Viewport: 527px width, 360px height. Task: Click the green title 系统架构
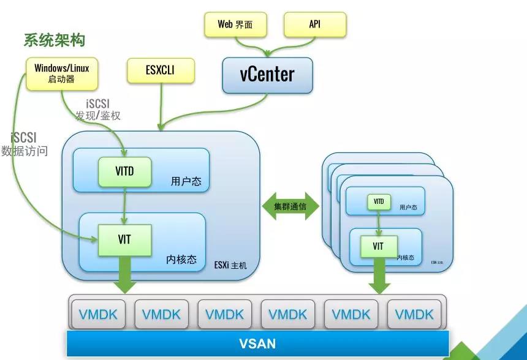pyautogui.click(x=54, y=40)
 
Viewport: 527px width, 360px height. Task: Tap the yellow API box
pyautogui.click(x=315, y=24)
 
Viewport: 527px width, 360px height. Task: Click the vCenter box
pyautogui.click(x=267, y=74)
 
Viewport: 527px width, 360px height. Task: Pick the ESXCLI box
pyautogui.click(x=160, y=70)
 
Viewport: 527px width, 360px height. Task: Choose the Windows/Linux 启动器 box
pyautogui.click(x=61, y=72)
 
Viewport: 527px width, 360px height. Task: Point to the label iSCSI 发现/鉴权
pyautogui.click(x=97, y=109)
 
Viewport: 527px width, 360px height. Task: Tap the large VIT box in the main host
pyautogui.click(x=124, y=239)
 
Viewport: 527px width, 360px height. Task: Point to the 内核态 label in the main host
pyautogui.click(x=181, y=259)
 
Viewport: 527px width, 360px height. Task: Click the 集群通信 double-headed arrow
pyautogui.click(x=290, y=206)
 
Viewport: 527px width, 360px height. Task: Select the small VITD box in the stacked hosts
pyautogui.click(x=379, y=201)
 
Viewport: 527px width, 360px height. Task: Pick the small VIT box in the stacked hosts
pyautogui.click(x=378, y=246)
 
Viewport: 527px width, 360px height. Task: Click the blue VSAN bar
pyautogui.click(x=257, y=343)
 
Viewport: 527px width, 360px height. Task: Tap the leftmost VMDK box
pyautogui.click(x=98, y=314)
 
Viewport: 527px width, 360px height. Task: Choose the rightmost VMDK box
pyautogui.click(x=414, y=314)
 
